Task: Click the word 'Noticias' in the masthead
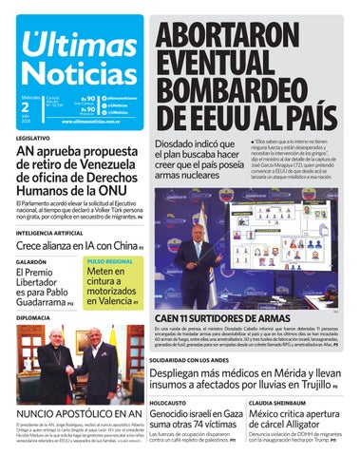77,74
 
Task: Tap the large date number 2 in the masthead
26,106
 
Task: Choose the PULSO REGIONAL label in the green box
110,260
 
